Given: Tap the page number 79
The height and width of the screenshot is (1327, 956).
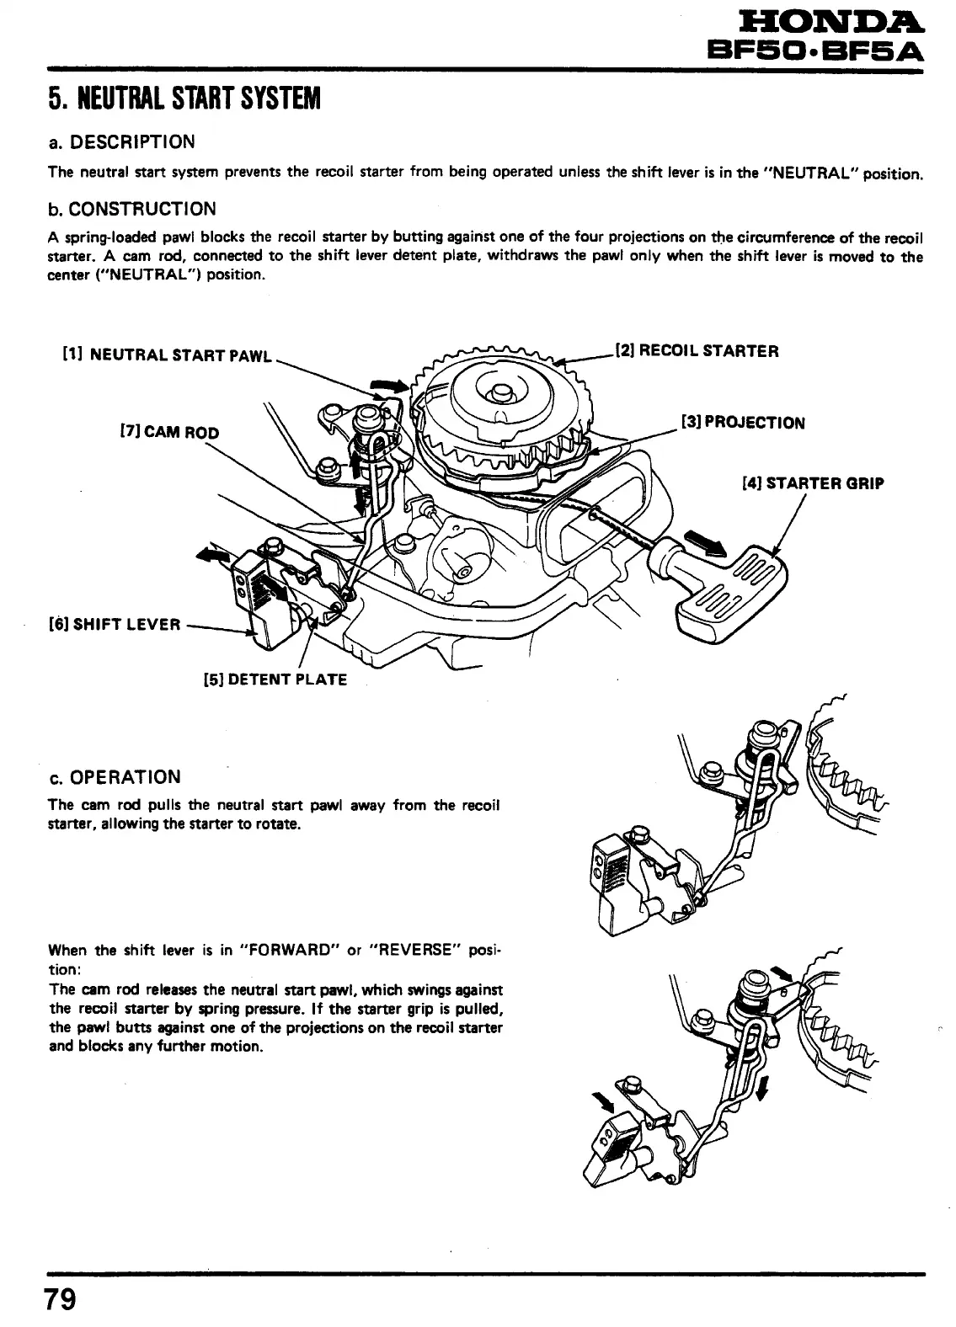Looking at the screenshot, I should [61, 1298].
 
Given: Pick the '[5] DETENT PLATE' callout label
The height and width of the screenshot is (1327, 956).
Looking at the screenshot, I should [275, 679].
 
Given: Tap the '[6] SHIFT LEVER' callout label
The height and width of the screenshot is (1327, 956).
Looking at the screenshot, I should [116, 624].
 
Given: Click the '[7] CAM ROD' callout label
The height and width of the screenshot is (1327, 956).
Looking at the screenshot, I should [170, 433].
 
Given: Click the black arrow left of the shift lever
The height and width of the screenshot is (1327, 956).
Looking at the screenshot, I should [213, 552].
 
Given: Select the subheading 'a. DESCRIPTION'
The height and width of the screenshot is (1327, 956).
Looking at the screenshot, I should [121, 141].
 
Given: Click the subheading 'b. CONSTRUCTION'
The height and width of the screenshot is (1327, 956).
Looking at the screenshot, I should [132, 209].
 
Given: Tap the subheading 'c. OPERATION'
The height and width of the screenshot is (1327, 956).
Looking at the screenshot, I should [115, 776].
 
